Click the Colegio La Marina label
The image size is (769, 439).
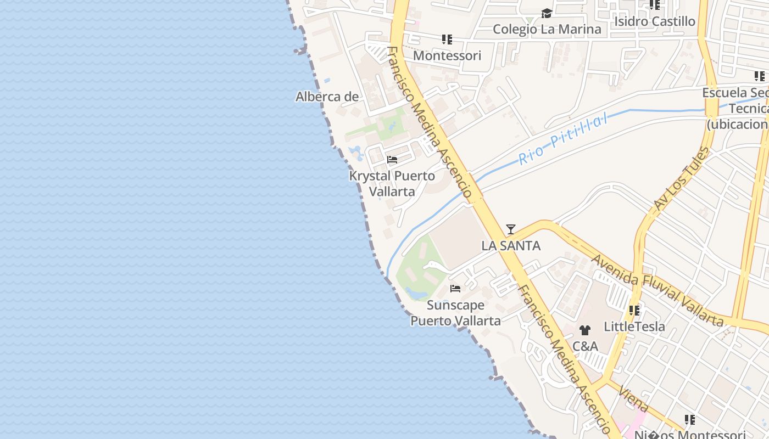coord(547,29)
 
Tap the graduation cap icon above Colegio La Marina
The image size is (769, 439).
coord(547,14)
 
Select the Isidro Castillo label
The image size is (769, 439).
coord(655,21)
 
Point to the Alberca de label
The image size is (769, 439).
coord(327,97)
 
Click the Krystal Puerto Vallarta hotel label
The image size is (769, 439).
coord(392,183)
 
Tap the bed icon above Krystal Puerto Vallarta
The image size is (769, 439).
coord(392,160)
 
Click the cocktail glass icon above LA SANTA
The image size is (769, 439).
coord(511,229)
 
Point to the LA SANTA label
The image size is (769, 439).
coord(511,246)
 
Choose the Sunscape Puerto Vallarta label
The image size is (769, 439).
coord(455,313)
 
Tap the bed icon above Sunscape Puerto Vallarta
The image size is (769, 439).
coord(455,289)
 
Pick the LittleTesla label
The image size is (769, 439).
coord(634,327)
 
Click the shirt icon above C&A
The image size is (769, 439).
coord(585,330)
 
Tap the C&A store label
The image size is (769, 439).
coord(585,346)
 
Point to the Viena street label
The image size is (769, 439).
coord(633,399)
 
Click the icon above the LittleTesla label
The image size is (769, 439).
coord(634,311)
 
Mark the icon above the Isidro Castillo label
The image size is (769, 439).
coord(655,5)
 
